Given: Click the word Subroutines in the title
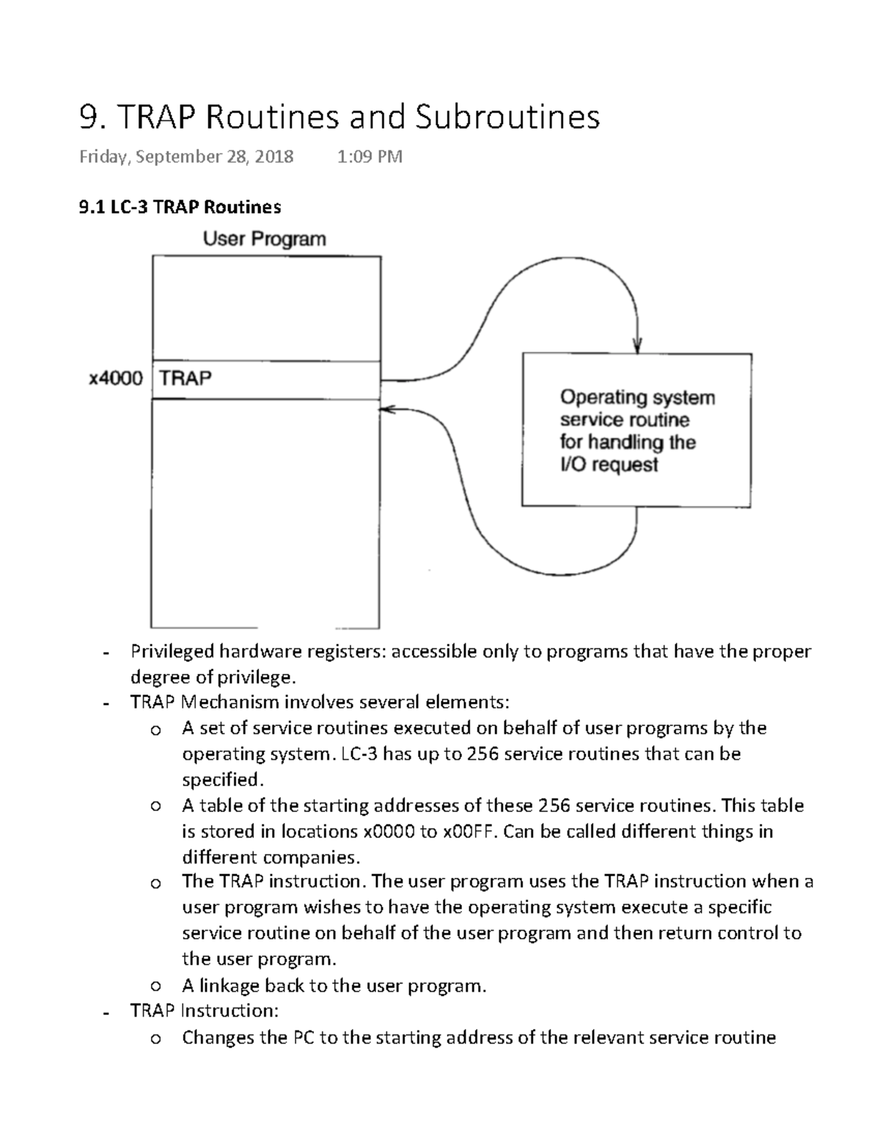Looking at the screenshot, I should (507, 117).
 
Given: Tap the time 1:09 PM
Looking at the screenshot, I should (370, 157).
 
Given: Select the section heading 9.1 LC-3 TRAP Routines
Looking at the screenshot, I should (180, 208).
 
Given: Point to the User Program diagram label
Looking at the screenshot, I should (264, 239).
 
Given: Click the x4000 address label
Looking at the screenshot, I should (116, 379).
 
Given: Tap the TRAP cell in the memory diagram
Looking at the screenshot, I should (186, 379).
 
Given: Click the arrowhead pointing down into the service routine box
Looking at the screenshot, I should (637, 345).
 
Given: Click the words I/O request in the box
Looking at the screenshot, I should (609, 465).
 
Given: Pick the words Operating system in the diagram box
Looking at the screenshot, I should (637, 398).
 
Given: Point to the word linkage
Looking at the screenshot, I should (229, 986).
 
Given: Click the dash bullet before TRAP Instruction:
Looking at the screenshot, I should (107, 1013).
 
